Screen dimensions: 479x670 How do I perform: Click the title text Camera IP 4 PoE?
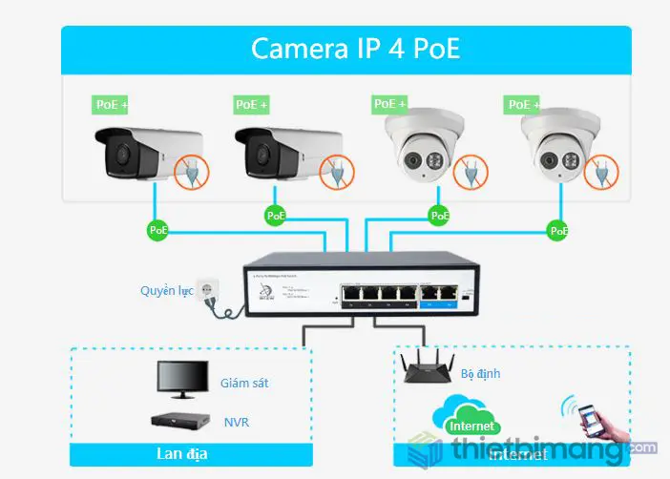pyautogui.click(x=355, y=49)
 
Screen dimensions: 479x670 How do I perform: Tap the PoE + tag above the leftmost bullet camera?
pyautogui.click(x=112, y=104)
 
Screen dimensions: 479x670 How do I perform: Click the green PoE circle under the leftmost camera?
pyautogui.click(x=157, y=230)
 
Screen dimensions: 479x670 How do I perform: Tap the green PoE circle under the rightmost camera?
pyautogui.click(x=558, y=230)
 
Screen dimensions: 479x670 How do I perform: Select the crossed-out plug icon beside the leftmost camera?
pyautogui.click(x=191, y=170)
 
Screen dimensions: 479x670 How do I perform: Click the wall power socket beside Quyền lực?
pyautogui.click(x=205, y=294)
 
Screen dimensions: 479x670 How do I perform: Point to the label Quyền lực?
pyautogui.click(x=166, y=290)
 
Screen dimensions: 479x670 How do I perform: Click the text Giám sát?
pyautogui.click(x=244, y=383)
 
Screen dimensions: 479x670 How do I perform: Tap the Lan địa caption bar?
pyautogui.click(x=191, y=453)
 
